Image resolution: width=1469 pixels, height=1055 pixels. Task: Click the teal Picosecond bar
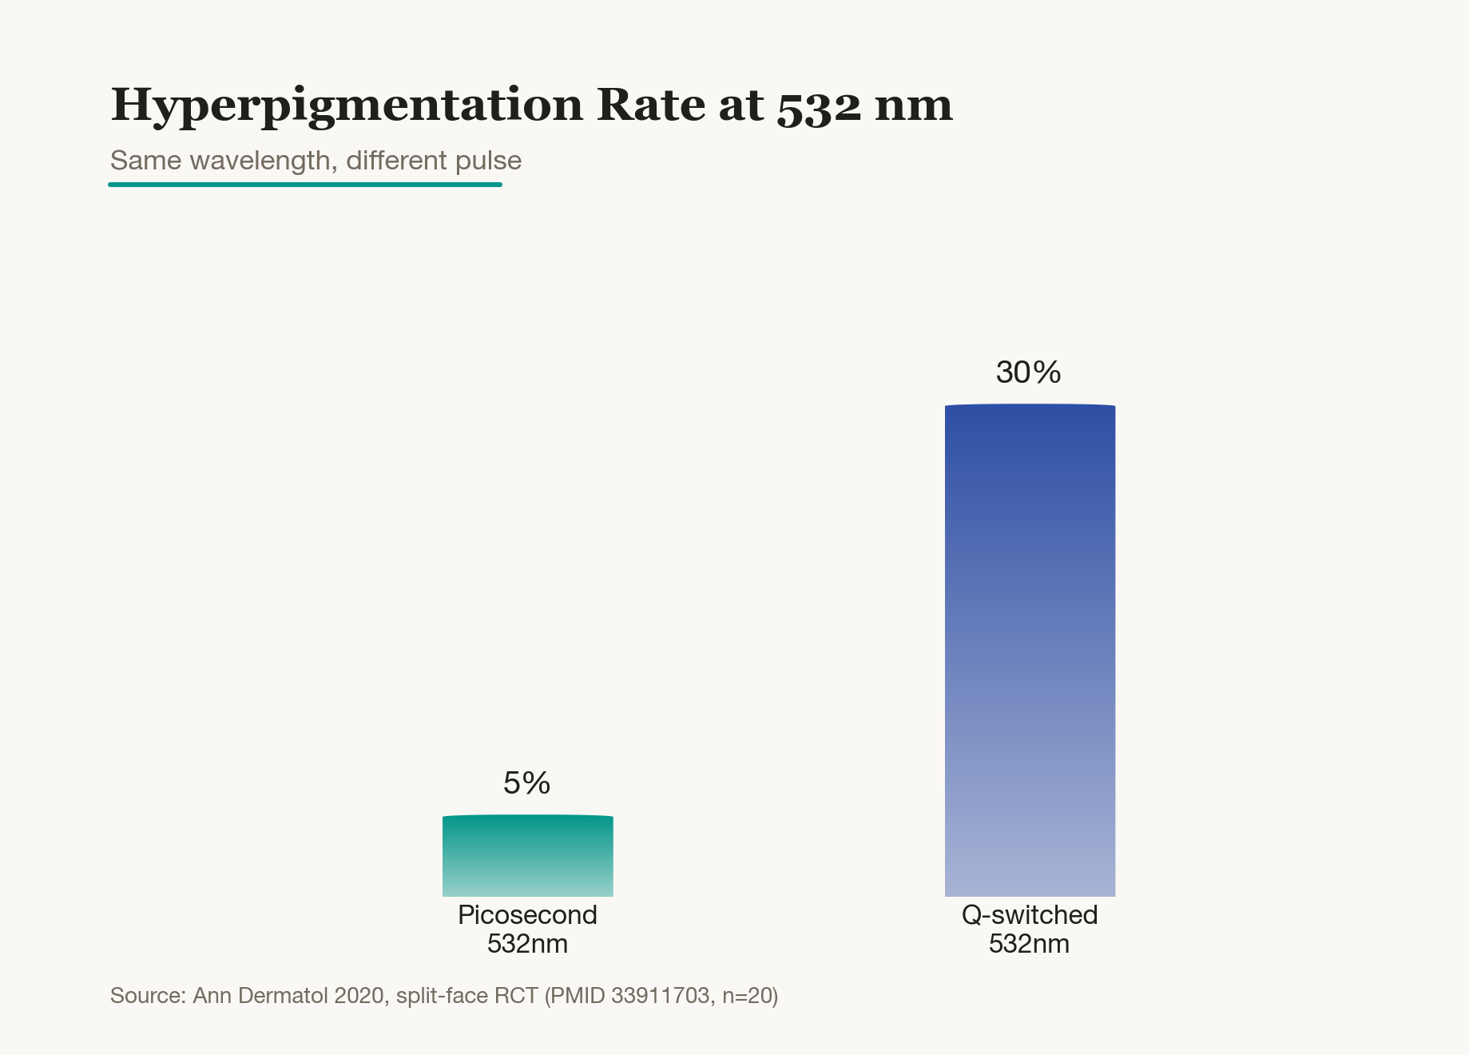pos(528,855)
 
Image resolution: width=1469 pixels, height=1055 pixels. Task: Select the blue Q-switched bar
pos(1030,650)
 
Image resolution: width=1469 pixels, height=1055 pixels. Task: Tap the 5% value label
pos(527,783)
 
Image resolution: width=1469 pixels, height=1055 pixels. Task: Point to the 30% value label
pos(1029,372)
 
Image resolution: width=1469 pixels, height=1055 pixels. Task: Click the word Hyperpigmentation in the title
pos(347,105)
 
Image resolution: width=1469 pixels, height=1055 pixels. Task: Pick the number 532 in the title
pos(820,107)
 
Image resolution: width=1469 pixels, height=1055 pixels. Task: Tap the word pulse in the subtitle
pos(488,161)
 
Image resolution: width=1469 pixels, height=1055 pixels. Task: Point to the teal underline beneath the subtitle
pos(305,185)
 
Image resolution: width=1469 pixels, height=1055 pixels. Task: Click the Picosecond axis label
pos(527,915)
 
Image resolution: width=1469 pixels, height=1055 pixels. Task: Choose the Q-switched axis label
pos(1030,915)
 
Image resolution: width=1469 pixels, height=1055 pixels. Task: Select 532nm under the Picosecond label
pos(527,944)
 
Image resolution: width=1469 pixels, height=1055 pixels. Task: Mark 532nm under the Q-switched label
pos(1029,944)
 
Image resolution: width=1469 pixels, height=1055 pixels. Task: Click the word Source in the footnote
pos(148,996)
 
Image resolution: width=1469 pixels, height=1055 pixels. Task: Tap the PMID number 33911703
pos(661,996)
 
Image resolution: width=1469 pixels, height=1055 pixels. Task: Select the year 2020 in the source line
pos(359,996)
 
